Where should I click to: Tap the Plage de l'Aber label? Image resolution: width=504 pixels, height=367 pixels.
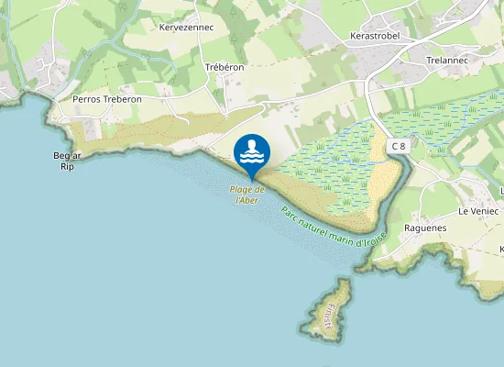[247, 195]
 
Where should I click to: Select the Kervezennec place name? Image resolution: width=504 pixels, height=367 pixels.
[186, 28]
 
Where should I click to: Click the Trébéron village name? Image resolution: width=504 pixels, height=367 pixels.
[225, 67]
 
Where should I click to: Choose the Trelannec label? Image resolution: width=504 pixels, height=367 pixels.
[447, 60]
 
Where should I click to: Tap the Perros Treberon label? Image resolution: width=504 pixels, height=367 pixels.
[107, 98]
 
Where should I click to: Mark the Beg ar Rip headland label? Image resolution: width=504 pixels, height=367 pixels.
[68, 161]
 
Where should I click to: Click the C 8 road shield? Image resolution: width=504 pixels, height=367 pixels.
[397, 146]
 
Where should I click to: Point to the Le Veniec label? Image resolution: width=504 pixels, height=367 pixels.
[477, 210]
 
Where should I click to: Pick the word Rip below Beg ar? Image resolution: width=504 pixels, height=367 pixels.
[66, 167]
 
